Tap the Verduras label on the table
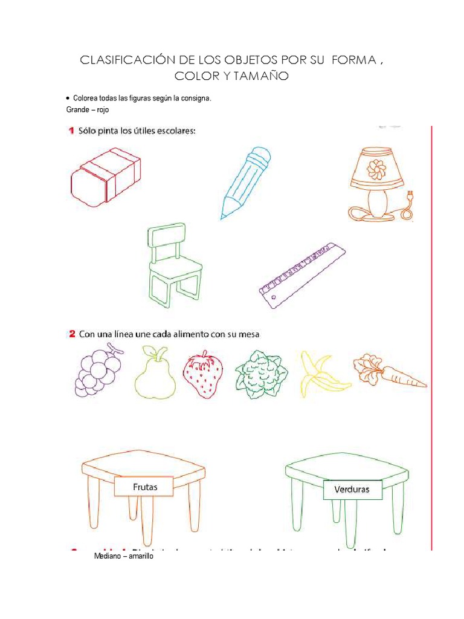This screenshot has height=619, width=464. tap(353, 490)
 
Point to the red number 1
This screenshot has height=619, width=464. tap(71, 131)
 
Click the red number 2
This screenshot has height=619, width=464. tap(71, 334)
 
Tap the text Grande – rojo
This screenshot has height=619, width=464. tap(88, 110)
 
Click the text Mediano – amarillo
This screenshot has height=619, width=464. tap(124, 557)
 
